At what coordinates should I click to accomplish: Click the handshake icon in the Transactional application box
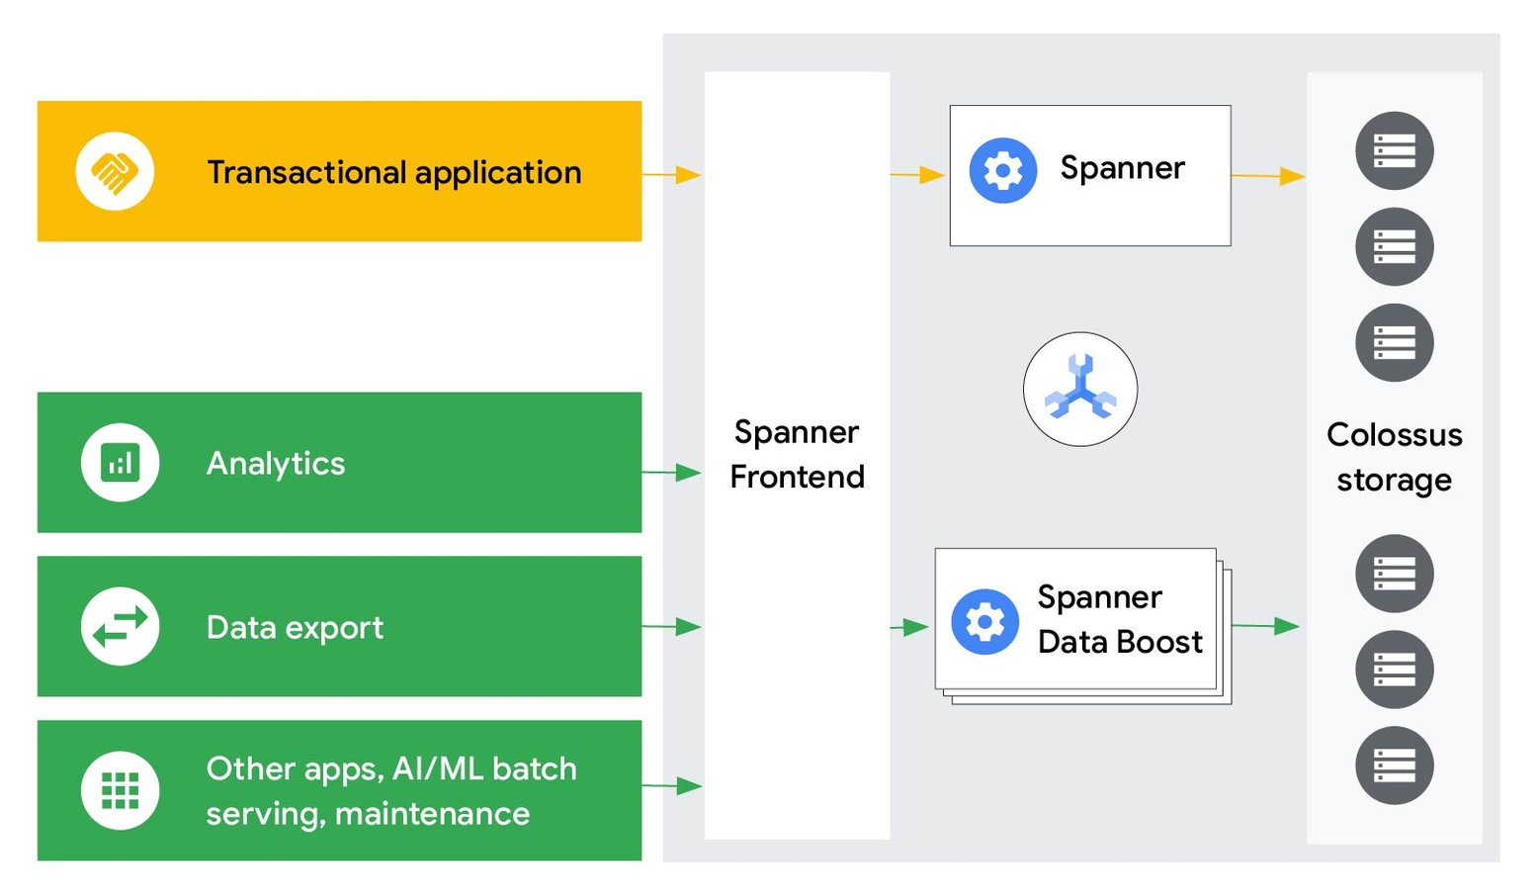click(x=115, y=172)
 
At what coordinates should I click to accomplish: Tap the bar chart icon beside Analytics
click(x=121, y=463)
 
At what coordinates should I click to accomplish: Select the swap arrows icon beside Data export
click(x=121, y=626)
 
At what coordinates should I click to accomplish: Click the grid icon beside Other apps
click(x=121, y=790)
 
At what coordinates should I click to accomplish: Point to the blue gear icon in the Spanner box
click(x=1002, y=171)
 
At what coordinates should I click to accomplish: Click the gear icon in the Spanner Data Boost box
click(x=984, y=622)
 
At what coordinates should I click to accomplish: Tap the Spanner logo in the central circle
click(x=1079, y=389)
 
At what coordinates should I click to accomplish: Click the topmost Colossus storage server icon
click(x=1394, y=151)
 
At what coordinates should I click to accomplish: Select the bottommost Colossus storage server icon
click(x=1394, y=765)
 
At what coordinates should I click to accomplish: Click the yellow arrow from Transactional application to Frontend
click(x=672, y=175)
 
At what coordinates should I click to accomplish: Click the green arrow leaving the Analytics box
click(x=672, y=473)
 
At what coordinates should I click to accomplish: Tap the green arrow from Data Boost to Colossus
click(x=1266, y=626)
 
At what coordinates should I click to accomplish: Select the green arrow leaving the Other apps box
click(x=672, y=786)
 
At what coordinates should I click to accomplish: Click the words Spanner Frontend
click(x=797, y=454)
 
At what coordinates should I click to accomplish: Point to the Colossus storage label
click(x=1394, y=457)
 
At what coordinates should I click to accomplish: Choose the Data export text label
click(x=295, y=627)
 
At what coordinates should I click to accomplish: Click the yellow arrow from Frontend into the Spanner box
click(x=917, y=175)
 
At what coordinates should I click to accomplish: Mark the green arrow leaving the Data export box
click(x=672, y=626)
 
